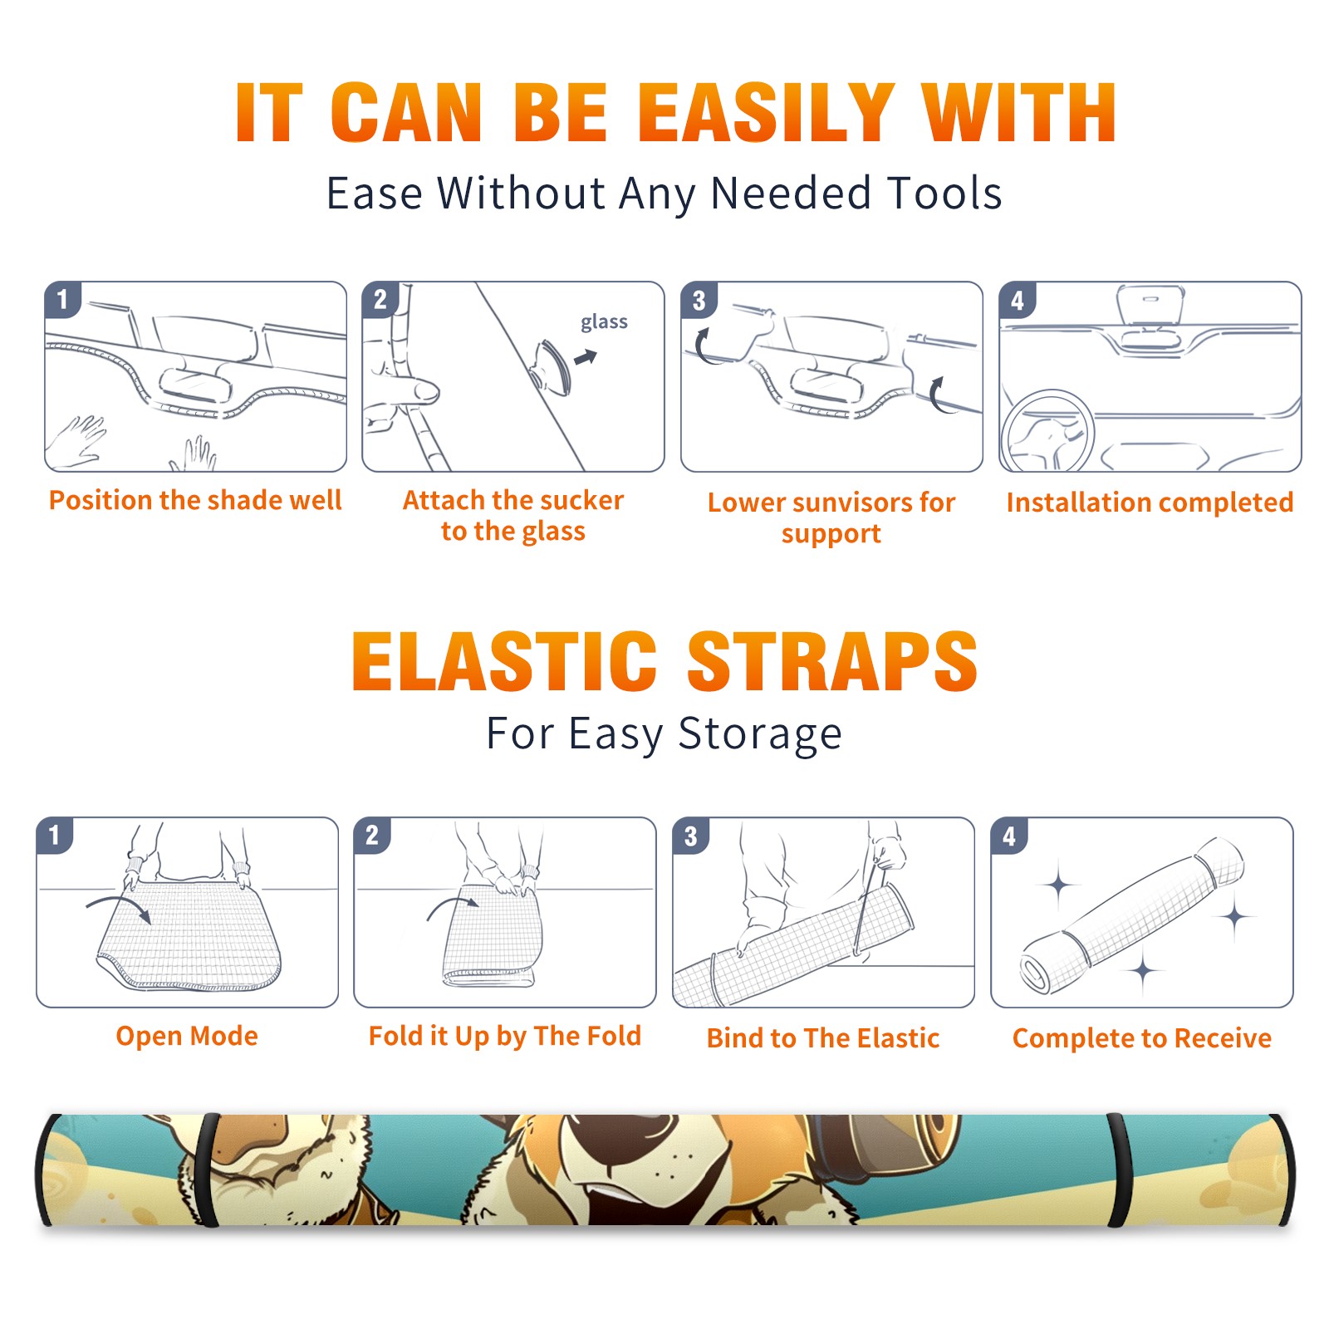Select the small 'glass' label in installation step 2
click(x=604, y=321)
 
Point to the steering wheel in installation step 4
click(x=1047, y=431)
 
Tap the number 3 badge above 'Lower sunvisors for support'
click(x=699, y=300)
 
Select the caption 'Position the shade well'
click(x=195, y=500)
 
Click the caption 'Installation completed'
click(x=1150, y=502)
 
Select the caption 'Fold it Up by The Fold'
click(x=505, y=1036)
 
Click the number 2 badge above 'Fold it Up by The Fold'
click(x=371, y=835)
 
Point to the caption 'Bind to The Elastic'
click(x=822, y=1038)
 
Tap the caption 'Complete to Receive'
click(x=1142, y=1038)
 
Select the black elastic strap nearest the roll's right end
click(x=1119, y=1170)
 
